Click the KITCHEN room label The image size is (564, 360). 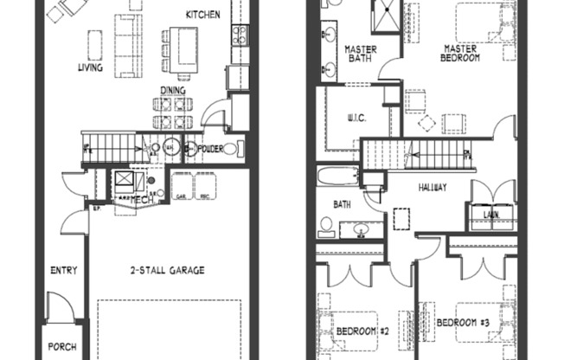pyautogui.click(x=203, y=16)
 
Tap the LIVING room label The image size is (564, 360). pyautogui.click(x=90, y=67)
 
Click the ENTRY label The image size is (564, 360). pyautogui.click(x=64, y=270)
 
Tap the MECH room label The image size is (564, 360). pyautogui.click(x=143, y=199)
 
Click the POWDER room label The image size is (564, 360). pyautogui.click(x=209, y=149)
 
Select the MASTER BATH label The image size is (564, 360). pyautogui.click(x=358, y=54)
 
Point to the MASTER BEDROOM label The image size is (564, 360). pyautogui.click(x=463, y=54)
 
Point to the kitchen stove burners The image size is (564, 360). pyautogui.click(x=240, y=35)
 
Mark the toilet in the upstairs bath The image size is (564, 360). pyautogui.click(x=326, y=226)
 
